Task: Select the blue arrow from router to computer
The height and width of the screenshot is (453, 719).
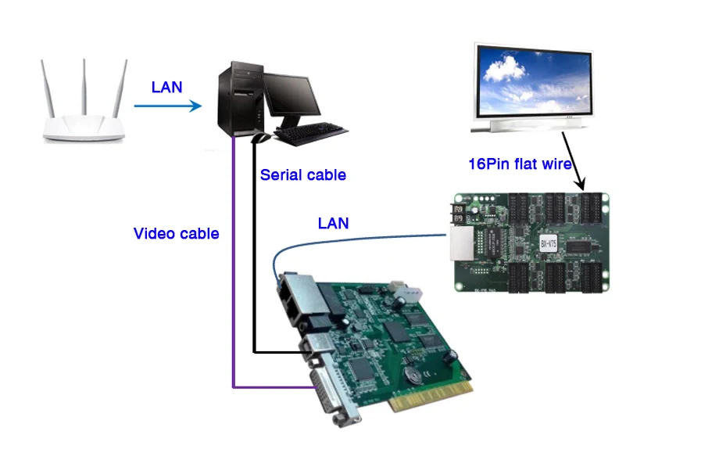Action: tap(167, 104)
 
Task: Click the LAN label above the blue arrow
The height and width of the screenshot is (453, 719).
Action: tap(166, 87)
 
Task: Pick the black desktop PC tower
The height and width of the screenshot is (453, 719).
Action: tap(238, 99)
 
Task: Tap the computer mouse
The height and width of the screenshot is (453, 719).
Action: tap(262, 138)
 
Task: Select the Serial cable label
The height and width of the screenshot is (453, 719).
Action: tap(302, 175)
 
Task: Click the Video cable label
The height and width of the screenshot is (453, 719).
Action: tap(176, 233)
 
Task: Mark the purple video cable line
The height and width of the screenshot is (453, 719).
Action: tap(233, 274)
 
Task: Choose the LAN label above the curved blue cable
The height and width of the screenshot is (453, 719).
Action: tap(333, 224)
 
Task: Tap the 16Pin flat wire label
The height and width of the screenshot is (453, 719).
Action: tap(520, 164)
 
